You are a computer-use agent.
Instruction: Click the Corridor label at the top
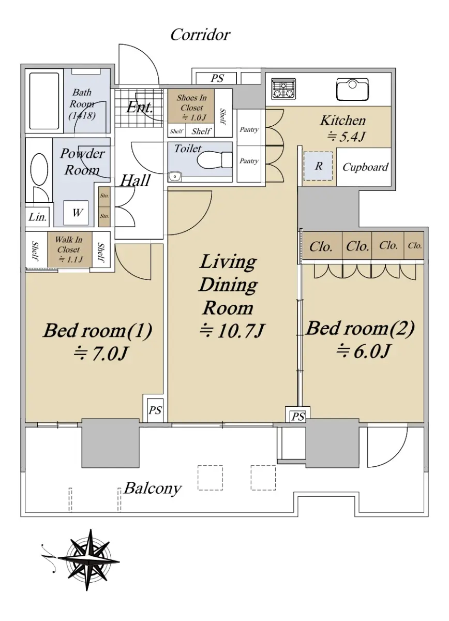click(200, 35)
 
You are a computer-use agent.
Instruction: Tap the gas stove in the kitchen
click(283, 89)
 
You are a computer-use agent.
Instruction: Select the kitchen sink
click(353, 89)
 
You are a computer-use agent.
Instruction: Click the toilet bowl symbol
click(215, 160)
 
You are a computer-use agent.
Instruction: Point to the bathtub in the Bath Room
click(44, 101)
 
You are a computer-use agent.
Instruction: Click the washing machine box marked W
click(76, 213)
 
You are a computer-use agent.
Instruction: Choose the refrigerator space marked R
click(318, 166)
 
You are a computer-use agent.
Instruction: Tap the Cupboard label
click(365, 167)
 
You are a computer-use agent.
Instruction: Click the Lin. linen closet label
click(37, 217)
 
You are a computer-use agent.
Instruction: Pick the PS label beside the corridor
click(217, 79)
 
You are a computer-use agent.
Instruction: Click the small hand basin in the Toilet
click(175, 176)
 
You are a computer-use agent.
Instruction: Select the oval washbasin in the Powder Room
click(39, 169)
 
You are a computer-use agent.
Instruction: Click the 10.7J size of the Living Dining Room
click(232, 331)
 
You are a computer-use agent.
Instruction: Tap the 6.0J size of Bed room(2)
click(364, 351)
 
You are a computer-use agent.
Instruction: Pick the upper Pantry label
click(249, 129)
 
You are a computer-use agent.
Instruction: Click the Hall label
click(135, 181)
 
